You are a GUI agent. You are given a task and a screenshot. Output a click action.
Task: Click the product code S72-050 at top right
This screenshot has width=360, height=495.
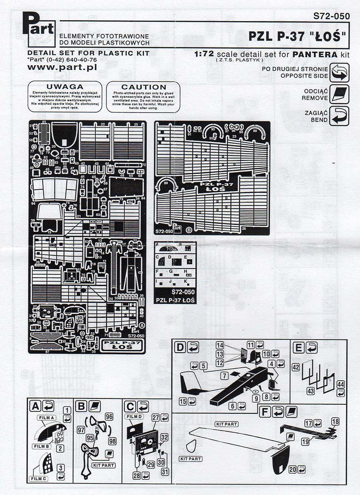coord(331,16)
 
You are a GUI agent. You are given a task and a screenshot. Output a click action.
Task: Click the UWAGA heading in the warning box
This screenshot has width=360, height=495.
coord(65,87)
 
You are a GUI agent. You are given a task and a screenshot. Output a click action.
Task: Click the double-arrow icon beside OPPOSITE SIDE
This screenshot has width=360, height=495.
coord(339,73)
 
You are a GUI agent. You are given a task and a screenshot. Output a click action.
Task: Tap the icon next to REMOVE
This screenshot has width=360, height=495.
coord(339,94)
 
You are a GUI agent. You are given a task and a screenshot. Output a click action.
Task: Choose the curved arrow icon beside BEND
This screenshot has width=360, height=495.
coord(339,116)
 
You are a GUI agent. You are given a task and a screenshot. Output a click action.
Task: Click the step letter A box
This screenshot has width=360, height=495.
coord(35,406)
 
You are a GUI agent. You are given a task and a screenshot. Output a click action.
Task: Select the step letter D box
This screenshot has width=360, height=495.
coord(180,347)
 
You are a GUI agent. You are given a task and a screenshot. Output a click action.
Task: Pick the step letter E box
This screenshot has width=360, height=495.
coord(299,347)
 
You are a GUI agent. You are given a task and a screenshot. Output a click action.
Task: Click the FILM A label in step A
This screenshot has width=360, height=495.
coord(46,418)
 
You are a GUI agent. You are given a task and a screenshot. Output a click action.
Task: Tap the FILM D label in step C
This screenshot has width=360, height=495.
coord(134,416)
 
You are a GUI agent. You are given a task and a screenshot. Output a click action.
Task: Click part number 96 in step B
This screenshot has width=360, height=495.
coord(109,416)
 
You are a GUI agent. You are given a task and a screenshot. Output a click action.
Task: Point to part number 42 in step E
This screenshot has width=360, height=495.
coord(296,367)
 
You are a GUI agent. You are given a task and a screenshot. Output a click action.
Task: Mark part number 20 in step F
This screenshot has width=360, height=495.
coord(292,469)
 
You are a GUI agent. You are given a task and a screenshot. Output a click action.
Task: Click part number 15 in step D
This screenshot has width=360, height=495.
coord(183,401)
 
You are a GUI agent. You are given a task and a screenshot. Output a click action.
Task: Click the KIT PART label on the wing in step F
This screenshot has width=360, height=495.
coord(227,424)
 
